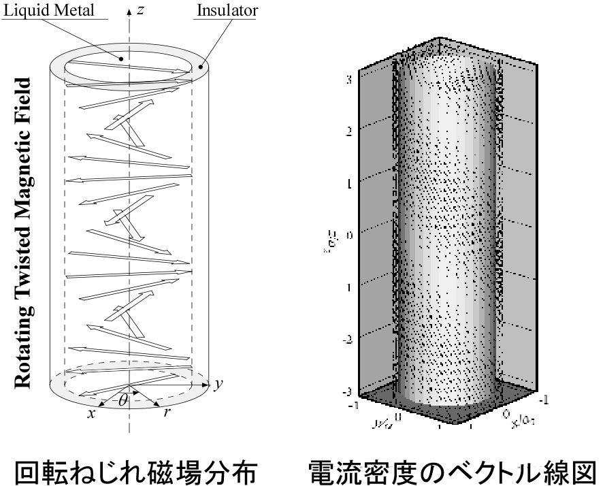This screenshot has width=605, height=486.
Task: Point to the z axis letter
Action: (x=140, y=11)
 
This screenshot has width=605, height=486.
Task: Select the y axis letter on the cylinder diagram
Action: (x=219, y=385)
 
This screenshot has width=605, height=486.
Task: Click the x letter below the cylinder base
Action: (x=91, y=413)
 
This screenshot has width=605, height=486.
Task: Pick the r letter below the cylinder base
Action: (x=168, y=413)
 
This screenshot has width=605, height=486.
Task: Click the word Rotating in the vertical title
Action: (x=25, y=348)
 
